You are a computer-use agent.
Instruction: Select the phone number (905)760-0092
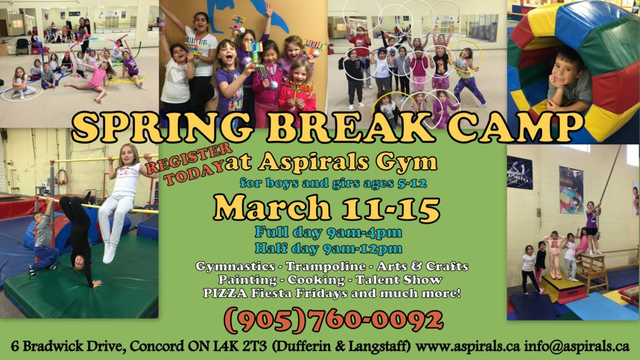click(x=333, y=321)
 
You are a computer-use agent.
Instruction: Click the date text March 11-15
click(x=326, y=207)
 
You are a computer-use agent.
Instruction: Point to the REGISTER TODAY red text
click(x=189, y=164)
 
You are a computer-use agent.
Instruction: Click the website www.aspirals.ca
click(x=467, y=346)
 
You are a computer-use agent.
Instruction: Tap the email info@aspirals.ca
click(x=577, y=346)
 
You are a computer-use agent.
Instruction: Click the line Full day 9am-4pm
click(x=328, y=232)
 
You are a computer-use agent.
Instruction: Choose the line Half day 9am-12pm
click(x=328, y=248)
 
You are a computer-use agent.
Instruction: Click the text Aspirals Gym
click(x=347, y=163)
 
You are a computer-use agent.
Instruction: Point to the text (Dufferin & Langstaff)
click(x=341, y=346)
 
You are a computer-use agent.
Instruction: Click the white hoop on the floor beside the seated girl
click(x=22, y=98)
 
